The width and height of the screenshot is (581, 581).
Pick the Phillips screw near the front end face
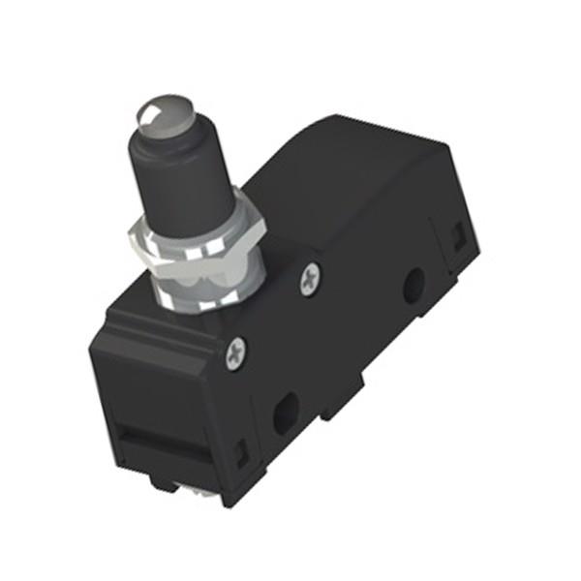(236, 354)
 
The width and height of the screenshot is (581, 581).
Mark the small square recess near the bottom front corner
(242, 450)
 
